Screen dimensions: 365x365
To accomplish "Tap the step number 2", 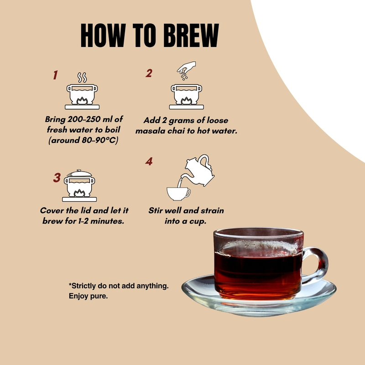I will [x=149, y=73].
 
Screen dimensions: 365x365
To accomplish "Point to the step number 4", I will [x=149, y=162].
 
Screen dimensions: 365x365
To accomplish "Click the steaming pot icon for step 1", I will [x=82, y=94].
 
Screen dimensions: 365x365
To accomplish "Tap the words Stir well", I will [x=167, y=211].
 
